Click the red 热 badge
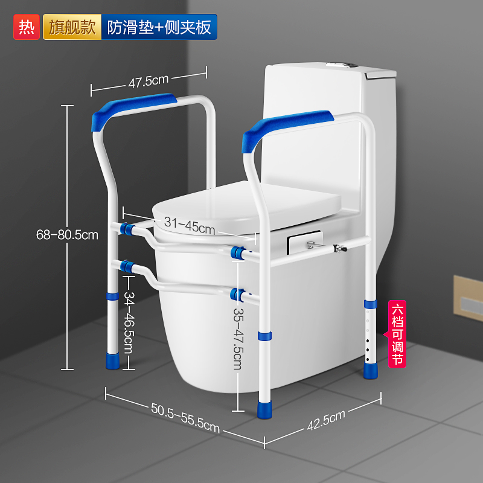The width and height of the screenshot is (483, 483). [x=25, y=27]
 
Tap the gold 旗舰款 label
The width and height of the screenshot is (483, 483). [x=71, y=27]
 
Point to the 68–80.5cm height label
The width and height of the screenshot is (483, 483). [x=67, y=235]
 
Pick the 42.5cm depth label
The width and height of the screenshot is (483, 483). [x=326, y=420]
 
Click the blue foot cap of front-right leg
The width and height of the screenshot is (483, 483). [x=264, y=410]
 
